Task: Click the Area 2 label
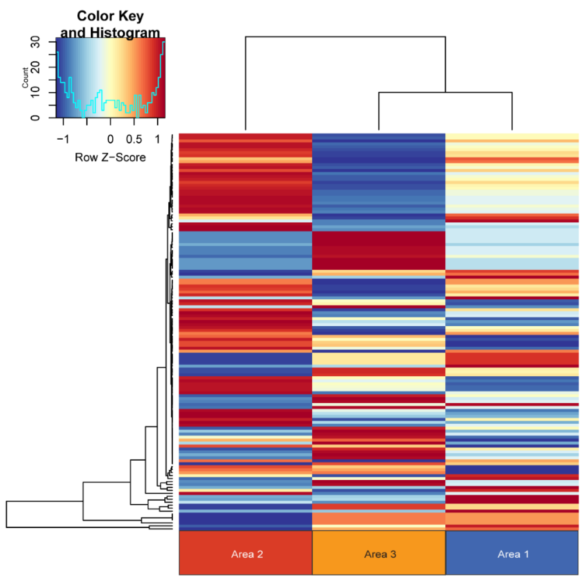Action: pos(247,554)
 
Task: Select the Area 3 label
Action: pos(380,554)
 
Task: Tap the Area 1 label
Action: pos(513,554)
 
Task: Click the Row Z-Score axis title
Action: pos(110,158)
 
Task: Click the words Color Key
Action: pos(110,16)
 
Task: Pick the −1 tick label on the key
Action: pos(63,139)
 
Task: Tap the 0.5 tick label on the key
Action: pos(134,139)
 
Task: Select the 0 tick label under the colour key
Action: pos(110,139)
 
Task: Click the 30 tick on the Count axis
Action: pos(35,42)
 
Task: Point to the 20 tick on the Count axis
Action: pos(35,67)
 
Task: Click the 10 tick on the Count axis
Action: pos(35,92)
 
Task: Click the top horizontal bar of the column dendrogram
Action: pos(345,37)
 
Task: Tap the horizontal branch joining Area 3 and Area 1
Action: pos(445,92)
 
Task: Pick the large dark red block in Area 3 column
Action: pos(379,250)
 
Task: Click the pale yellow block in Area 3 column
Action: pos(379,359)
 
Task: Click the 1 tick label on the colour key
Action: pos(158,139)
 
